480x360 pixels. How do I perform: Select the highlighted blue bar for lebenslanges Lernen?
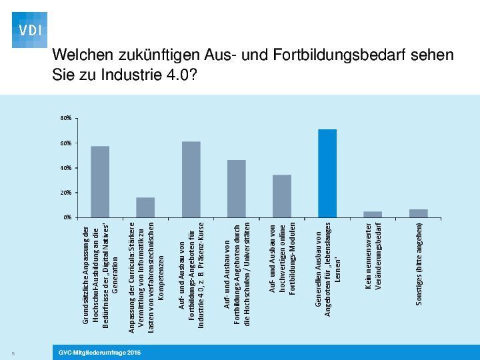[327, 173]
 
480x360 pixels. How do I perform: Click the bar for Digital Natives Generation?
[100, 181]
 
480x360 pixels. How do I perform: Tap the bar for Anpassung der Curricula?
[145, 207]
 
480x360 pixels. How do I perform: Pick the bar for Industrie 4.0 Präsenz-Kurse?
[191, 179]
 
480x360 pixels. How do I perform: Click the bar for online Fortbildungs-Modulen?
[282, 196]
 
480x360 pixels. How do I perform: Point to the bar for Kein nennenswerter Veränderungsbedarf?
[373, 214]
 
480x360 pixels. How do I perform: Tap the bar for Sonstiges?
[419, 213]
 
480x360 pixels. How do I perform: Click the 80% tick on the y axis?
[65, 119]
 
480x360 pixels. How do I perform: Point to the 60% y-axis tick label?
[65, 143]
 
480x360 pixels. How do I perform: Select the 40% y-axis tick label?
[65, 168]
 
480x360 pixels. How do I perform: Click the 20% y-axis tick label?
[65, 193]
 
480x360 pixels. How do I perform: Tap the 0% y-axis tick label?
[67, 217]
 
